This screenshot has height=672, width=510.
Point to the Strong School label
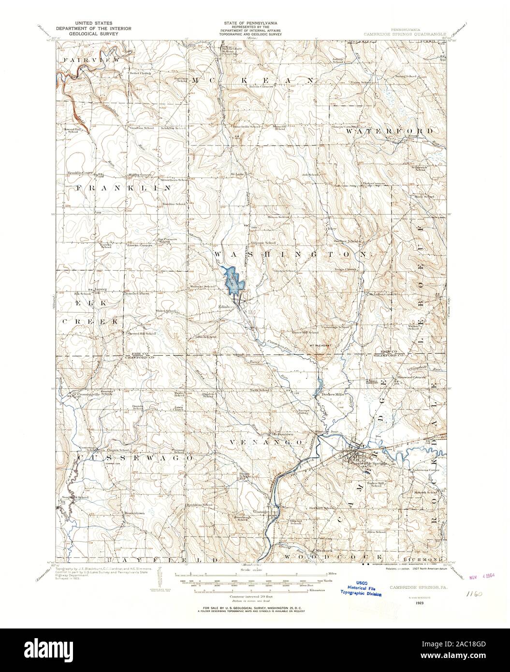[x=406, y=76]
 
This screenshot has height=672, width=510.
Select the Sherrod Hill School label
[x=141, y=333]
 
